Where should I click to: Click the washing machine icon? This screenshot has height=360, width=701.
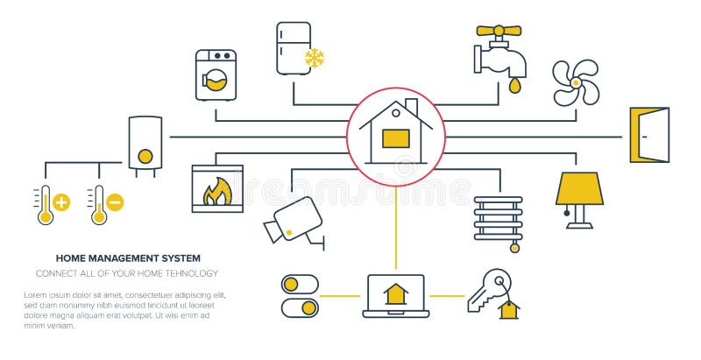[216, 75]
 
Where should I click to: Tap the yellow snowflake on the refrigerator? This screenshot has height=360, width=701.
[314, 59]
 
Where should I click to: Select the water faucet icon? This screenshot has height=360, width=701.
[501, 53]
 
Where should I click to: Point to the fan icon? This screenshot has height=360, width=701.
[576, 82]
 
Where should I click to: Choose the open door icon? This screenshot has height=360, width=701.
[648, 135]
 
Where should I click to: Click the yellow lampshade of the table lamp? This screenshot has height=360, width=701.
[579, 188]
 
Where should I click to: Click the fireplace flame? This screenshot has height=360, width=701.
[216, 192]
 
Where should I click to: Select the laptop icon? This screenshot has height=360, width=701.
[395, 296]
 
